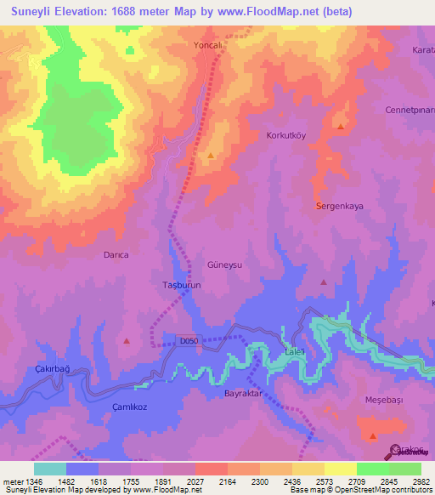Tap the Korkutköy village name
[x=288, y=135]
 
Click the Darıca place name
[x=116, y=254]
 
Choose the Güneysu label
[x=225, y=265]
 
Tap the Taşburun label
[x=180, y=286]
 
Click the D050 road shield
[x=189, y=340]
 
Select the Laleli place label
[x=294, y=352]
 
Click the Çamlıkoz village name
[x=132, y=407]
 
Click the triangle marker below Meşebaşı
[x=373, y=435]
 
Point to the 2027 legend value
[x=195, y=481]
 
